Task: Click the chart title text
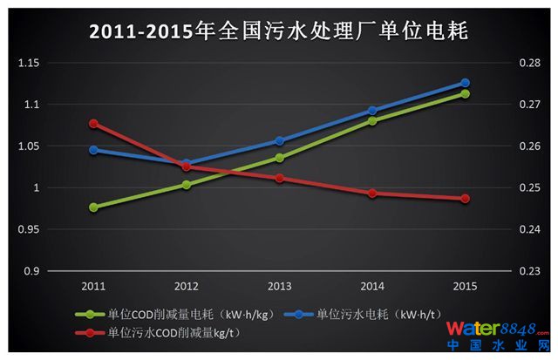(279, 33)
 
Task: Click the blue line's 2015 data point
(465, 83)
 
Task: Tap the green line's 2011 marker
(93, 207)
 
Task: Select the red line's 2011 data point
(93, 124)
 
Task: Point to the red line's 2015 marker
(465, 199)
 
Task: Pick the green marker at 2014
(372, 121)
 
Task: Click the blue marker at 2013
(279, 140)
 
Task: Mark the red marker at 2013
(279, 178)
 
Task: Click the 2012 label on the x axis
(186, 286)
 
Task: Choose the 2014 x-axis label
(372, 286)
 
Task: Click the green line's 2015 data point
(465, 93)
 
